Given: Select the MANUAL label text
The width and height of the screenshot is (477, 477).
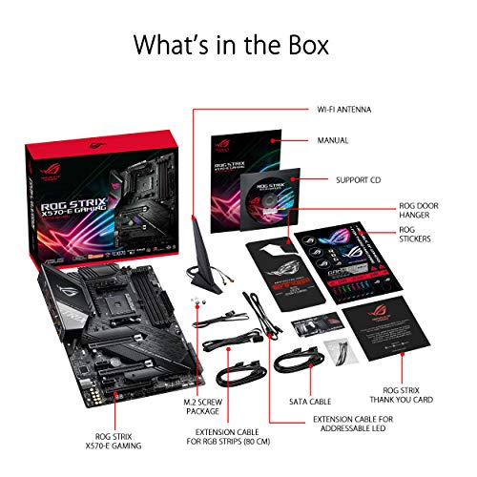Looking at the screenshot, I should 334,140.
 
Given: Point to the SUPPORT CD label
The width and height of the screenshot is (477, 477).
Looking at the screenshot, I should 360,179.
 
